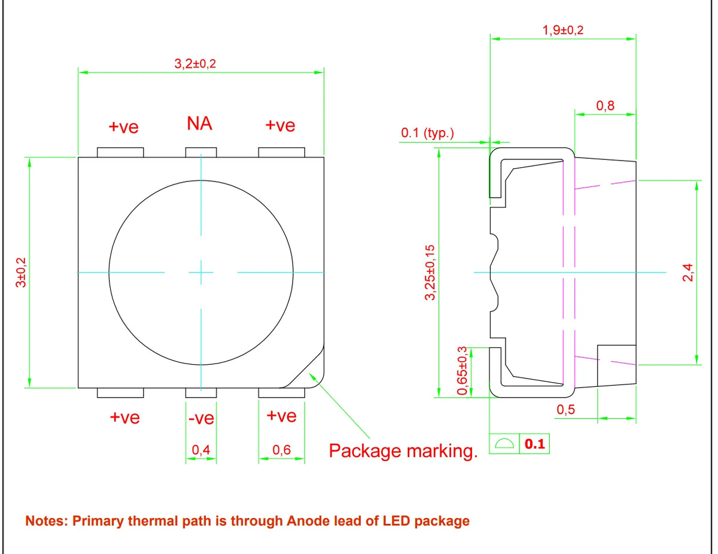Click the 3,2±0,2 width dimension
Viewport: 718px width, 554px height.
195,63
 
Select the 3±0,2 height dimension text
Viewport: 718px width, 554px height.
21,272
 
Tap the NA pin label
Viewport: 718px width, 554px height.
200,123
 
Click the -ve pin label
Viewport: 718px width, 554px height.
201,419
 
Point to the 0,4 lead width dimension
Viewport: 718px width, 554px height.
201,450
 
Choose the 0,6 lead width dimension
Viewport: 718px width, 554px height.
282,450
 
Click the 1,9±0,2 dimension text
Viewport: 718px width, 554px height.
563,30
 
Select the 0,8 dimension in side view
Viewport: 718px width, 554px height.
606,105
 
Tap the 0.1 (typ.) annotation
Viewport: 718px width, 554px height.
427,132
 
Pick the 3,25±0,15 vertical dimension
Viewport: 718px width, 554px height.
430,273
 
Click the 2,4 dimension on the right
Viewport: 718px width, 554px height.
688,272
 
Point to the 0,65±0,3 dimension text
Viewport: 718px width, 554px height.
463,371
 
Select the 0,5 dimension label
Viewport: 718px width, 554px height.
565,410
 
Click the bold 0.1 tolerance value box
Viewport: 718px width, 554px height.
535,444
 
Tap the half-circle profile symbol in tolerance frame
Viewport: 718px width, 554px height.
504,444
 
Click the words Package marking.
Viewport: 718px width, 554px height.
403,450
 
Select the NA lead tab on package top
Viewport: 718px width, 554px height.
201,153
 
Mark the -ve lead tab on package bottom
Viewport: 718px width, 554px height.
201,393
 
